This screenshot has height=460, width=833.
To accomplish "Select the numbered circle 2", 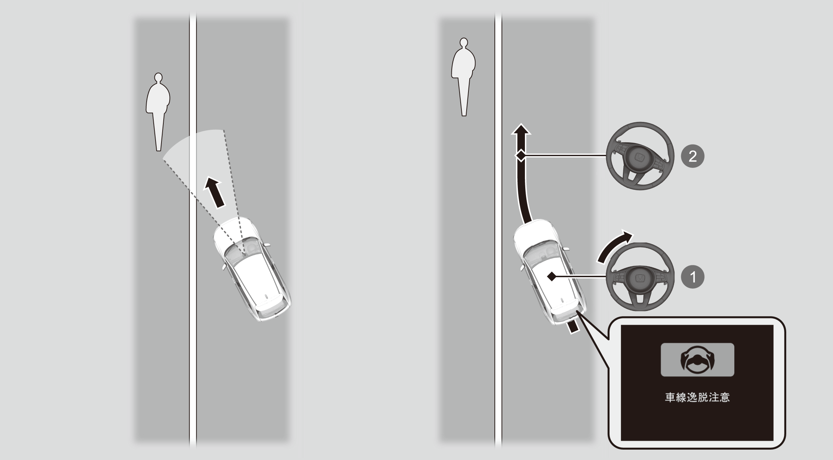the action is tap(693, 156).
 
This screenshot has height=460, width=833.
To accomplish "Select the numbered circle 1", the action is tap(693, 277).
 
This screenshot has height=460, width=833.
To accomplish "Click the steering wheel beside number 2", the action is tap(640, 156).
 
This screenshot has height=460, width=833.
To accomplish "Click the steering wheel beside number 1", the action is tap(640, 277).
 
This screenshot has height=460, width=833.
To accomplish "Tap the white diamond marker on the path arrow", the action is tap(521, 156).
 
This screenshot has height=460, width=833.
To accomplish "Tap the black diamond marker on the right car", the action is tap(552, 276).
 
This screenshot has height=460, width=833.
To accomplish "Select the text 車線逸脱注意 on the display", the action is tap(698, 398).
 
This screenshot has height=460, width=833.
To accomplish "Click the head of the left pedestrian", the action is tap(159, 77).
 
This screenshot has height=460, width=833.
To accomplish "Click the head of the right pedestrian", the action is tap(463, 43).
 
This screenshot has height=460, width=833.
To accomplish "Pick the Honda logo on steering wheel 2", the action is tap(640, 157).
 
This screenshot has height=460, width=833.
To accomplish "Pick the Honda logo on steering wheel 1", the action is tap(640, 278).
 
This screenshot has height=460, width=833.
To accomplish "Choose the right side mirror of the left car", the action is tap(266, 245).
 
